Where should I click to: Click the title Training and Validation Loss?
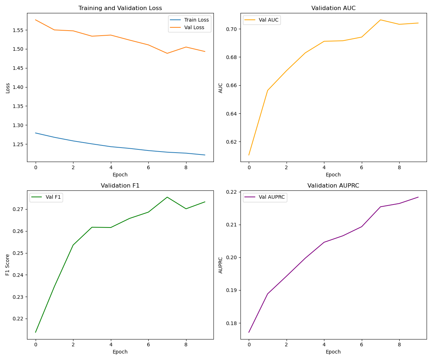tap(120, 8)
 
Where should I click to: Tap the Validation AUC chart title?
tap(333, 8)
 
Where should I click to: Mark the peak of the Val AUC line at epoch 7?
tap(381, 20)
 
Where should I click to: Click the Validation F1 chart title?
tap(120, 186)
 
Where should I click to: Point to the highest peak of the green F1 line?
tap(167, 197)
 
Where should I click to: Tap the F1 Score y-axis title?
tap(8, 265)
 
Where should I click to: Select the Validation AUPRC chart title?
tap(333, 186)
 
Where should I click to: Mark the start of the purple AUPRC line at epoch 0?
tap(249, 332)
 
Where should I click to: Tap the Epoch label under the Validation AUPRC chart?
tap(333, 352)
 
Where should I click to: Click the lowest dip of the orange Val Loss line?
tap(167, 53)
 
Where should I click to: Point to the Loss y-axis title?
tap(8, 88)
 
